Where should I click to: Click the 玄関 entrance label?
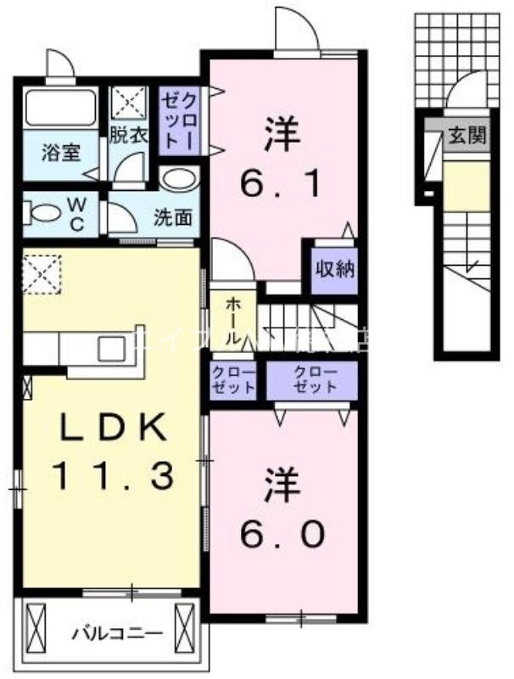coord(467,136)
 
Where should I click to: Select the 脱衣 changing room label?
coord(129,132)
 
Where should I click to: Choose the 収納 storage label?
coord(335,272)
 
